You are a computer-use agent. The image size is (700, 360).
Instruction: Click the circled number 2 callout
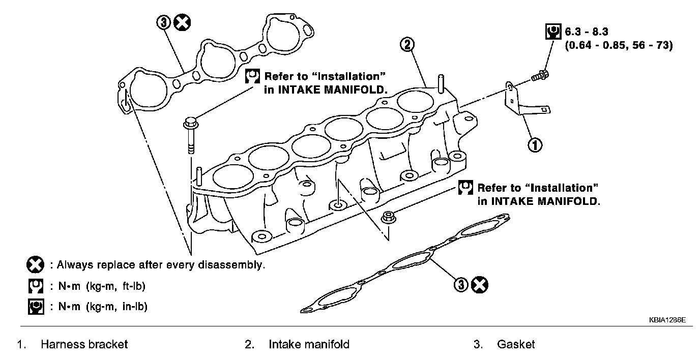[408, 45]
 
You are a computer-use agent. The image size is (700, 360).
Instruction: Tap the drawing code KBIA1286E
[667, 321]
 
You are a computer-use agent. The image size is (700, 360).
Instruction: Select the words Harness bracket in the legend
[84, 345]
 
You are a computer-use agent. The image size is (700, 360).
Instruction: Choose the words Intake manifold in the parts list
[309, 345]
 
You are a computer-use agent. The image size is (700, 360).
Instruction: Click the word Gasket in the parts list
[516, 345]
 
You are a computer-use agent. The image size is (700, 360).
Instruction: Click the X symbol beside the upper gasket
[182, 23]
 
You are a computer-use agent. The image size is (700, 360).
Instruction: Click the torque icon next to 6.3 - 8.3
[550, 33]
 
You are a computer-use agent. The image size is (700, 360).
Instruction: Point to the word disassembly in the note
[235, 265]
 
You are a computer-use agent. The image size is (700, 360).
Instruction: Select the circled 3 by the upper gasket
[164, 23]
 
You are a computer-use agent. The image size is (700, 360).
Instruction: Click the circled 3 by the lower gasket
[461, 285]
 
